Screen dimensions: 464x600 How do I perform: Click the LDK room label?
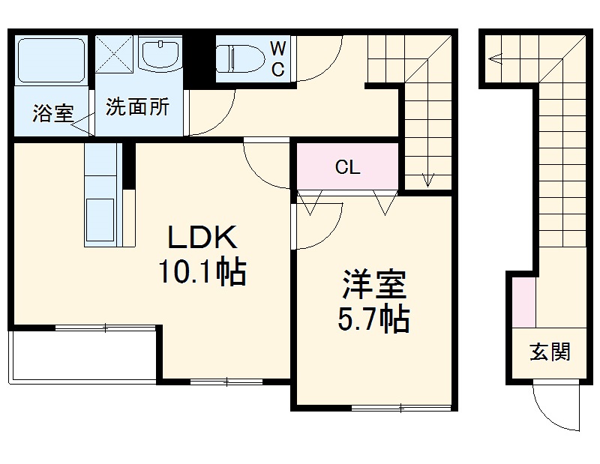pyautogui.click(x=202, y=238)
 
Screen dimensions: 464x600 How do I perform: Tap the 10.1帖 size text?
pyautogui.click(x=202, y=273)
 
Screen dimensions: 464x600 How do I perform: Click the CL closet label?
pyautogui.click(x=347, y=167)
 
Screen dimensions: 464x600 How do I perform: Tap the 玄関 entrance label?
pyautogui.click(x=549, y=352)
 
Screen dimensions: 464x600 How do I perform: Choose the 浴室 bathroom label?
pyautogui.click(x=52, y=114)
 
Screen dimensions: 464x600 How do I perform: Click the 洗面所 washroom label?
pyautogui.click(x=137, y=106)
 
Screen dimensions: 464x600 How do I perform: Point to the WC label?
pyautogui.click(x=277, y=58)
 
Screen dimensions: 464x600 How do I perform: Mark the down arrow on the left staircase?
pyautogui.click(x=428, y=178)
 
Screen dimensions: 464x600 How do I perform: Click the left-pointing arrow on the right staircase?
pyautogui.click(x=494, y=57)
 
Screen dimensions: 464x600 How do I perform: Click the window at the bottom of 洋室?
pyautogui.click(x=400, y=408)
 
